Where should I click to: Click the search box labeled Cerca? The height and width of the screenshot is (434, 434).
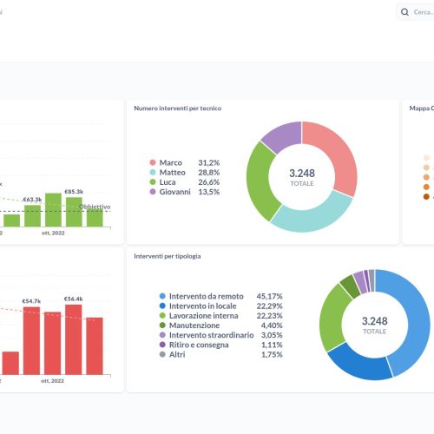pyautogui.click(x=417, y=12)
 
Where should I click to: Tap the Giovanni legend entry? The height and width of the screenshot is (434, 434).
pyautogui.click(x=176, y=191)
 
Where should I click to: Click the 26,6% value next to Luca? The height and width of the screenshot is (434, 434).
pyautogui.click(x=209, y=181)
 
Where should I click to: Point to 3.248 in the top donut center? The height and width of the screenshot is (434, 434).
pyautogui.click(x=302, y=173)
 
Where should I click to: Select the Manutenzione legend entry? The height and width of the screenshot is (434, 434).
pyautogui.click(x=193, y=325)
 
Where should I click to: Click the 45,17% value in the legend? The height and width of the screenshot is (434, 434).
pyautogui.click(x=269, y=296)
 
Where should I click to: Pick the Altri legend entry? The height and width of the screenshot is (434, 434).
pyautogui.click(x=178, y=354)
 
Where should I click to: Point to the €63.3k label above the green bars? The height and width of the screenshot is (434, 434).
pyautogui.click(x=33, y=199)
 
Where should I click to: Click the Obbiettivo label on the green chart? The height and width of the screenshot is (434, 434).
pyautogui.click(x=95, y=207)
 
